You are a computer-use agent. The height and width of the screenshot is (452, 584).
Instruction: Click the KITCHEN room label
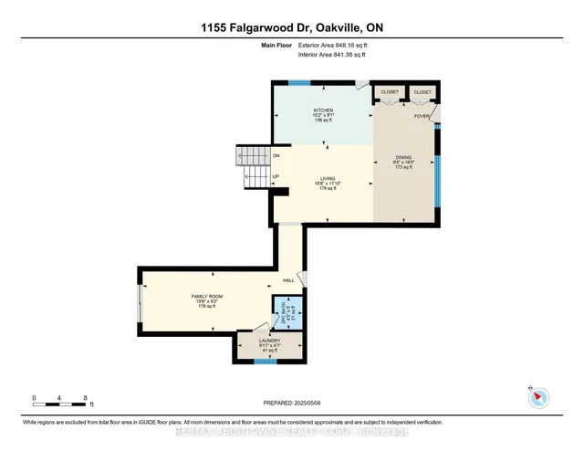324,110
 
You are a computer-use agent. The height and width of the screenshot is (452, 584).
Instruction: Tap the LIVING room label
328,179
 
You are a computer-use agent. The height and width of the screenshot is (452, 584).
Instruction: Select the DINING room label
404,157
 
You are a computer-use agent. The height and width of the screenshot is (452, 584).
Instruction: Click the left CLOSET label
390,92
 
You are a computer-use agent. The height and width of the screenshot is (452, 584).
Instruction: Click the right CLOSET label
422,92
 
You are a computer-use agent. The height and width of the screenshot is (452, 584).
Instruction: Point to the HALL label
288,280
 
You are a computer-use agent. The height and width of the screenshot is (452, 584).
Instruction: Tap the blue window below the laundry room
265,363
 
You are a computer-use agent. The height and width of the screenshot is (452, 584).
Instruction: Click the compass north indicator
537,396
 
